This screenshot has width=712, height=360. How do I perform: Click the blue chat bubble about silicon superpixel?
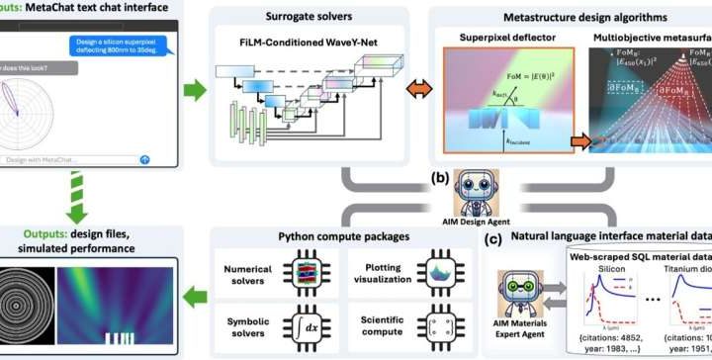109,46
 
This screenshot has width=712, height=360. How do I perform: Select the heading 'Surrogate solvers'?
305,17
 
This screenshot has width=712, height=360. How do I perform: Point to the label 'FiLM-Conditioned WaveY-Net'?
305,45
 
